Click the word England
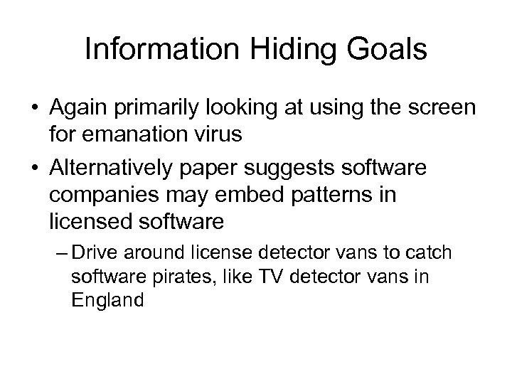click(108, 299)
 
